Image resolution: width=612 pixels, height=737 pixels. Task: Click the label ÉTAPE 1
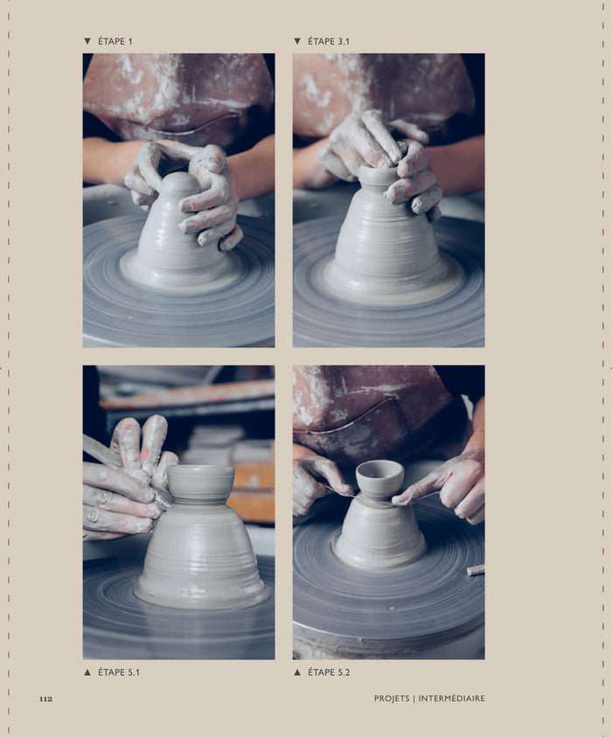[x=115, y=41]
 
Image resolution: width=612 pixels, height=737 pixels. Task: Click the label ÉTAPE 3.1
[x=329, y=41]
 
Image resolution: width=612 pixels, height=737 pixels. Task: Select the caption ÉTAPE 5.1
[x=119, y=672]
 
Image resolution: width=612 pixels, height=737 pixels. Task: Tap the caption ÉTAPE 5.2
[x=329, y=672]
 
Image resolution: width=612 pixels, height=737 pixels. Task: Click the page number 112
[x=45, y=699]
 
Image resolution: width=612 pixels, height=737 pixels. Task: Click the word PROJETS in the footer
[x=392, y=699]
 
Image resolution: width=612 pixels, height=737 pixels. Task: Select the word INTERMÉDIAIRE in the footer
[x=452, y=699]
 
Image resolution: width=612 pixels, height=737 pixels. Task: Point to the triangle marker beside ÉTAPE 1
[x=87, y=41]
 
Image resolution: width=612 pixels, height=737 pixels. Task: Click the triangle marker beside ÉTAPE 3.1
[x=297, y=41]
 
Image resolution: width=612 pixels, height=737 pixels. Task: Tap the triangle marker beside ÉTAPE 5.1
[x=87, y=672]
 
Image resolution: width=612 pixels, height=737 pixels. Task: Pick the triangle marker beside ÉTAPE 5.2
[x=297, y=672]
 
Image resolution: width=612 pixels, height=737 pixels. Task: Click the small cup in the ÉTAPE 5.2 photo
[x=379, y=479]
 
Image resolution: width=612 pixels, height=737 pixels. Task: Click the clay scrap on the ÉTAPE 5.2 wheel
[x=476, y=570]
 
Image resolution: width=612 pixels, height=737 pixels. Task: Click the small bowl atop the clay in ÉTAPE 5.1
[x=201, y=484]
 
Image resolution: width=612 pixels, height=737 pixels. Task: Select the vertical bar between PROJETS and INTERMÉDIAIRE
[x=414, y=699]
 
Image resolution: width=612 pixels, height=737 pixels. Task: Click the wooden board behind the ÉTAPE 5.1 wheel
[x=188, y=394]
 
